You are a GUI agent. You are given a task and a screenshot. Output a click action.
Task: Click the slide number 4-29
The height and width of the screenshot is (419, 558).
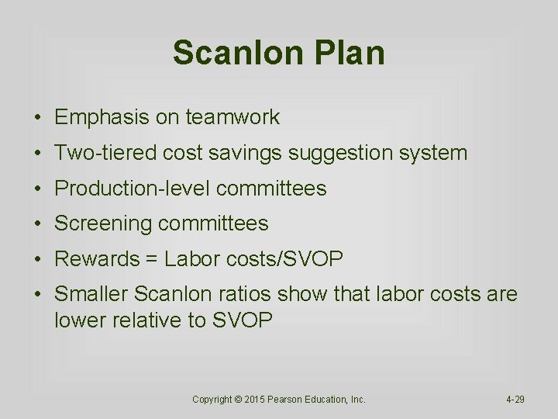(515, 400)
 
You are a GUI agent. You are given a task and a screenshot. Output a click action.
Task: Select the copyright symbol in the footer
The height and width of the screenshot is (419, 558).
(239, 400)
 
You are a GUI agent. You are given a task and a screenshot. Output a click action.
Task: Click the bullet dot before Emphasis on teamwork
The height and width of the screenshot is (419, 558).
(37, 118)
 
